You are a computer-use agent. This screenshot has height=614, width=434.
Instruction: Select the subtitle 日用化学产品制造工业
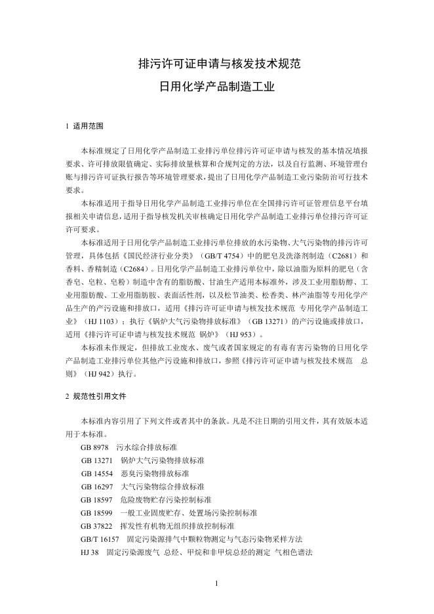[x=216, y=86]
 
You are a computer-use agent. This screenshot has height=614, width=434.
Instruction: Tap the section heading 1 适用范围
[x=84, y=125]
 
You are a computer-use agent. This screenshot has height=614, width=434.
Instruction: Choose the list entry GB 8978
[x=95, y=446]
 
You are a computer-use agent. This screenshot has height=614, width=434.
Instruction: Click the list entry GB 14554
[x=97, y=473]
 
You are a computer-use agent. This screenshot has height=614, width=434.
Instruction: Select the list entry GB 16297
[x=97, y=487]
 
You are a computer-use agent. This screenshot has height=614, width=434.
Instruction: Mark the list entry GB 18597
[x=97, y=500]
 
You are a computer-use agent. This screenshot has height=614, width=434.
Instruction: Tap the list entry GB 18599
[x=97, y=513]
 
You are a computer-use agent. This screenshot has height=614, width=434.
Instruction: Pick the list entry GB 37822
[x=97, y=526]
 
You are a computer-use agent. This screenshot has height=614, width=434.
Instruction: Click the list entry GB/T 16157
[x=100, y=539]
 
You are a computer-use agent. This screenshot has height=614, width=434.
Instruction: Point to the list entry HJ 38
[x=90, y=553]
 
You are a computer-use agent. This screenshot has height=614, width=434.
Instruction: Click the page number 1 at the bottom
[x=216, y=583]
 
